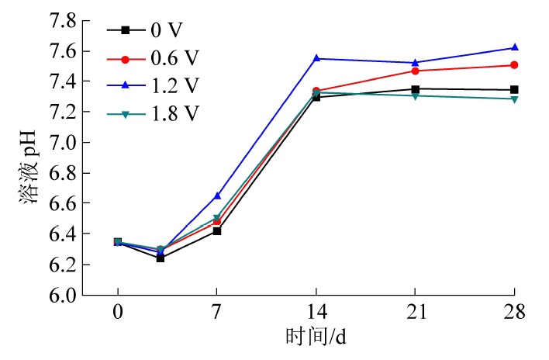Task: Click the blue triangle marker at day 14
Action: tap(316, 58)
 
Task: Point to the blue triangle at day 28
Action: tap(514, 47)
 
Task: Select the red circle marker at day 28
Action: tap(514, 65)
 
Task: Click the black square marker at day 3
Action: tap(161, 258)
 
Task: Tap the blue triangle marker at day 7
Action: tap(217, 196)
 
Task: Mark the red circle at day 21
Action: tap(415, 71)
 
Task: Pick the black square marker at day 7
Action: tap(217, 230)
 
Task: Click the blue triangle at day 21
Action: tap(415, 62)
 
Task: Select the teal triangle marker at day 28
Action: tap(514, 99)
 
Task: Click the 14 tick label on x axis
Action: tap(316, 313)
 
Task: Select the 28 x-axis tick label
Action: tap(514, 313)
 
